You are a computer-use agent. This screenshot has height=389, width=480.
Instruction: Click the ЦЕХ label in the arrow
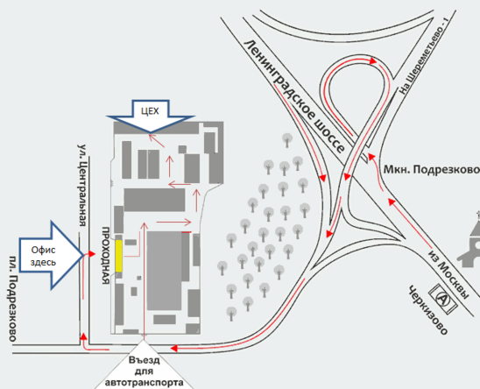click(x=150, y=111)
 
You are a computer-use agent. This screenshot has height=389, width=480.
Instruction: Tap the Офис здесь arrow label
click(x=43, y=256)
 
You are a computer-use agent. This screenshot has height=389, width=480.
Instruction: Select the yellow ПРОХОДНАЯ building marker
click(x=119, y=256)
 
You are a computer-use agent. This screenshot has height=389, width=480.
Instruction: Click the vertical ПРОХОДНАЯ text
click(x=106, y=256)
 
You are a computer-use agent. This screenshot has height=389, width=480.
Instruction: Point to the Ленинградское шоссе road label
click(x=294, y=96)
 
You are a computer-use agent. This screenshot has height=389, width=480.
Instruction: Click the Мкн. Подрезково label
click(x=432, y=169)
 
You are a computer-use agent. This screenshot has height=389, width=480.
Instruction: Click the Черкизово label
click(x=427, y=310)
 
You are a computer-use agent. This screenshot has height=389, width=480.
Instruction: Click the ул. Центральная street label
click(x=82, y=185)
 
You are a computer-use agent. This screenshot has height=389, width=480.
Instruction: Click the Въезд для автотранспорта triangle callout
click(x=144, y=366)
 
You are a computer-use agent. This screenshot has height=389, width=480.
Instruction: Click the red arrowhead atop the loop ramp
click(x=373, y=61)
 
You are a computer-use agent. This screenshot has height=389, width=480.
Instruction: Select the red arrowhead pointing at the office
click(x=91, y=253)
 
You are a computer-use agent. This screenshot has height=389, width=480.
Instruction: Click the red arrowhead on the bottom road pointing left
click(x=174, y=349)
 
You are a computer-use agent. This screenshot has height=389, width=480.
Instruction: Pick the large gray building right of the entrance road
click(x=165, y=271)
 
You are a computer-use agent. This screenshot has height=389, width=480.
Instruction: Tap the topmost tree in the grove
click(x=286, y=139)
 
